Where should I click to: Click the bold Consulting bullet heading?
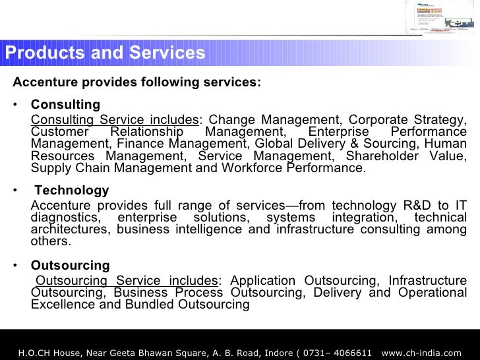pyautogui.click(x=65, y=104)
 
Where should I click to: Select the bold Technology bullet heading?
pyautogui.click(x=71, y=190)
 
